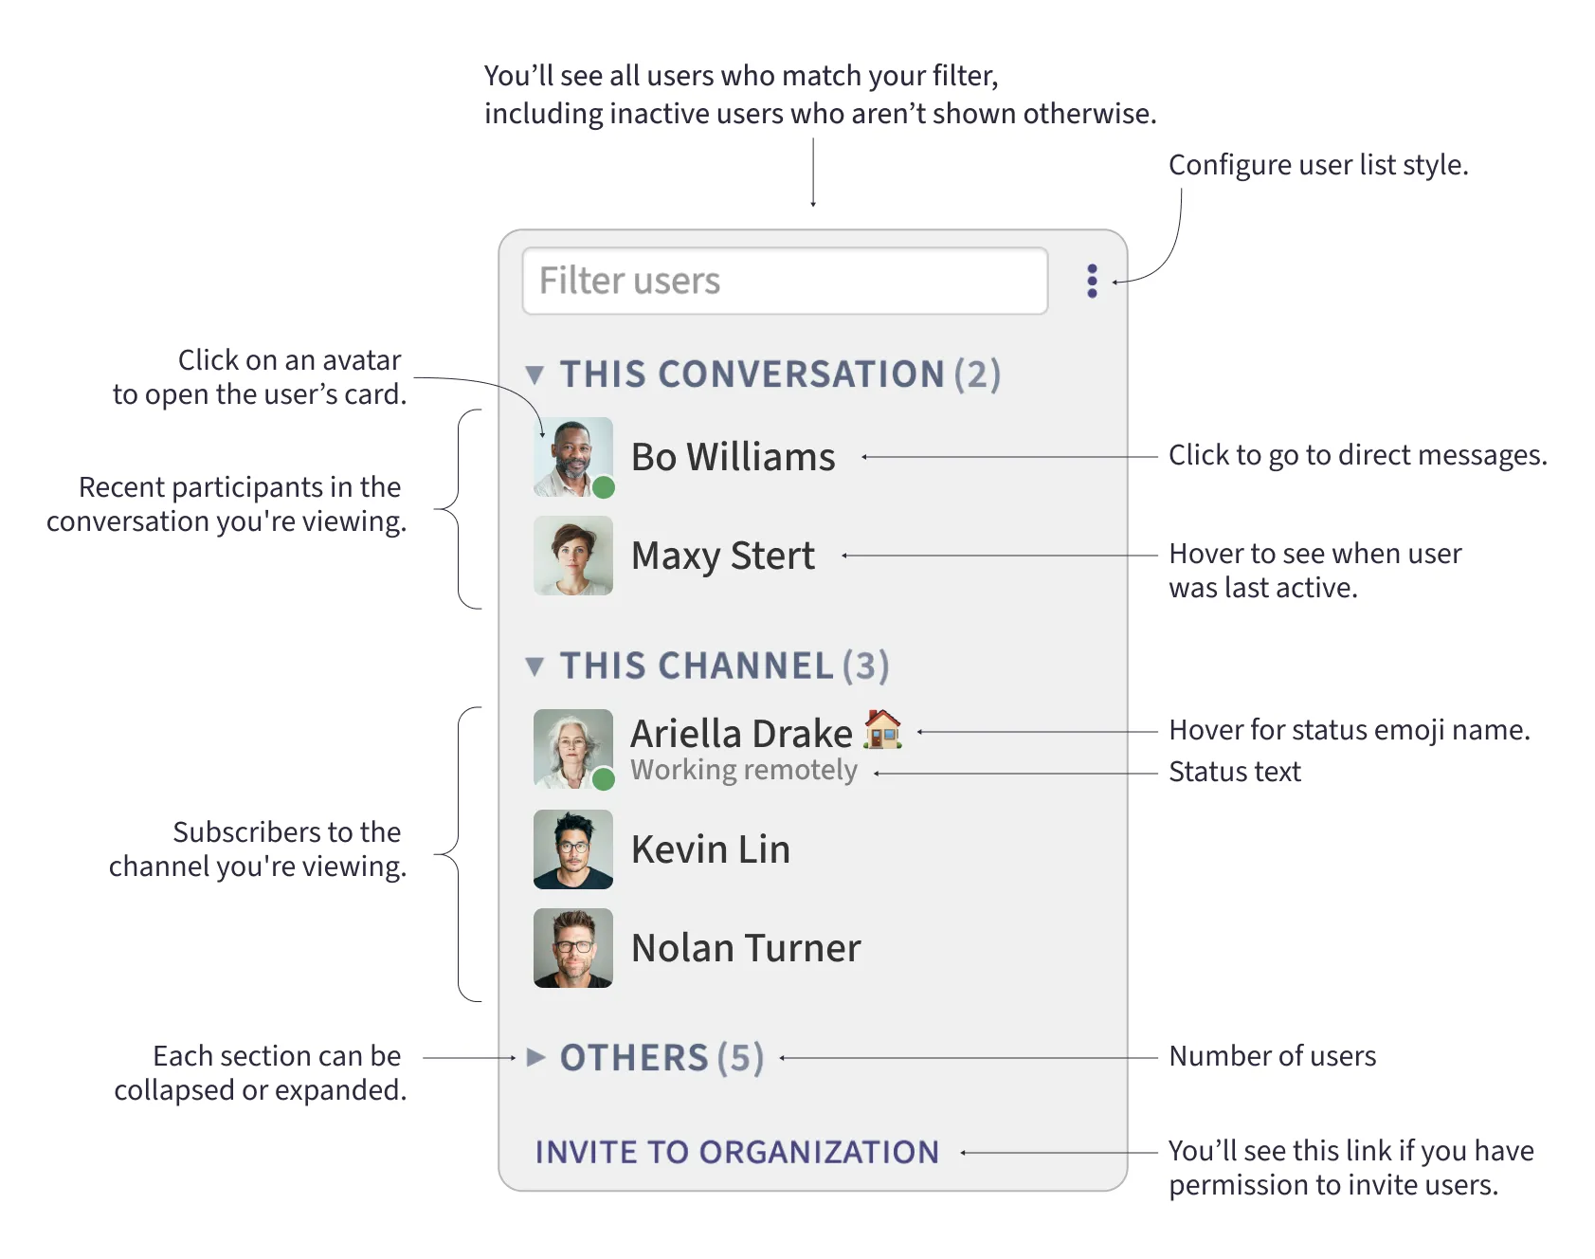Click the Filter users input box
coord(785,281)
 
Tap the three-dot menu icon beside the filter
coord(1092,281)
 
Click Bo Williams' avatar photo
coord(572,456)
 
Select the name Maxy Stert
coord(722,556)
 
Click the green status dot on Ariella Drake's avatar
coord(604,779)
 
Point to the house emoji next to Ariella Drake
coord(882,730)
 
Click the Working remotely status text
coord(744,770)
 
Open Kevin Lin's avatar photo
coord(572,849)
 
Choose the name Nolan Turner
coord(746,948)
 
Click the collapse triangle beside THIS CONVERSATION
coord(535,375)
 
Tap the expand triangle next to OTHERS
coord(535,1057)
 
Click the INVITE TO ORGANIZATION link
coord(736,1152)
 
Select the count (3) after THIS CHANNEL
coord(866,666)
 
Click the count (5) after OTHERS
coord(740,1058)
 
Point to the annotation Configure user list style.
coord(1317,165)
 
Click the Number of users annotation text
coord(1272,1056)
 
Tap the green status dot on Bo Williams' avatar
coord(604,487)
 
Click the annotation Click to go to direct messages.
coord(1356,455)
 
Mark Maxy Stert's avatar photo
coord(572,556)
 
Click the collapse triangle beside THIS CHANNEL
coord(535,666)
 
